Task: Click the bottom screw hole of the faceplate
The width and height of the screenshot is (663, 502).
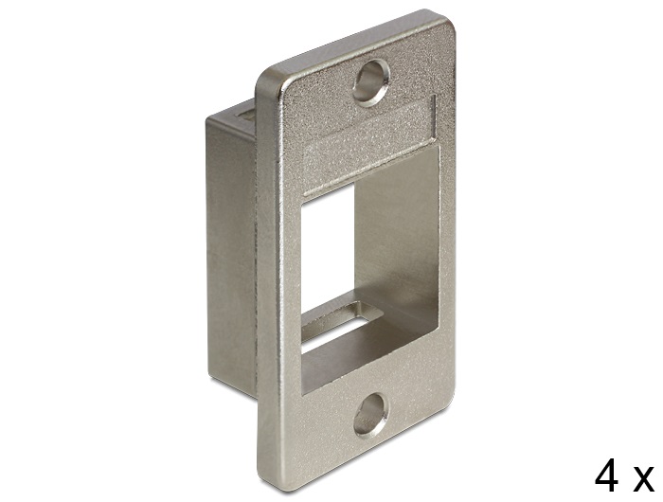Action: click(371, 414)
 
